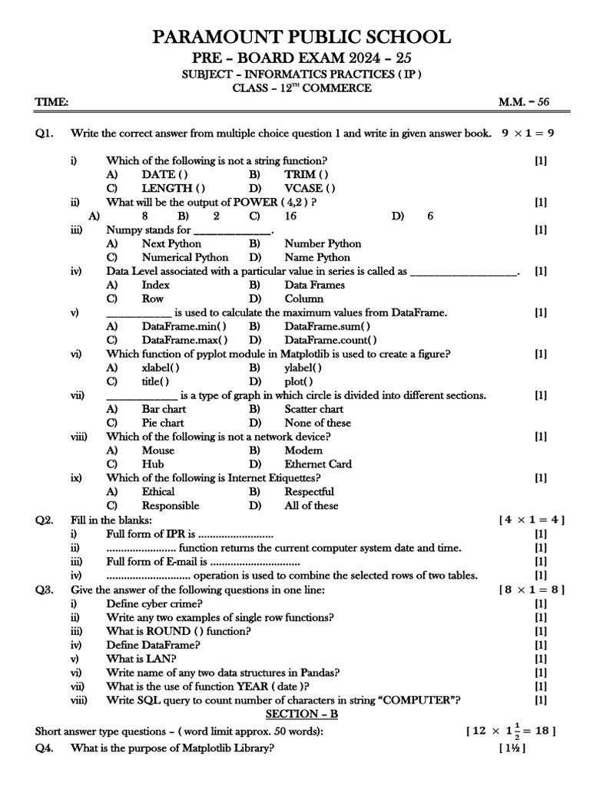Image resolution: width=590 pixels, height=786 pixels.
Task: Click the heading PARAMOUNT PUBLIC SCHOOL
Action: coord(294,36)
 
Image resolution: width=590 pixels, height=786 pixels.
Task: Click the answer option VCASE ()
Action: coord(310,188)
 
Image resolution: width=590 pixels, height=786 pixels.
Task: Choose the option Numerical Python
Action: coord(184,257)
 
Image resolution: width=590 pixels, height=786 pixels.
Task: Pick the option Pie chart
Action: coord(162,423)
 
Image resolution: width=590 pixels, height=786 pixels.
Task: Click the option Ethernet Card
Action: coord(318,464)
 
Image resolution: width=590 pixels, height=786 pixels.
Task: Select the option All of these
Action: coord(311,506)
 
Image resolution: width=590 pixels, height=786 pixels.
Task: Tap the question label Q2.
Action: coord(44,520)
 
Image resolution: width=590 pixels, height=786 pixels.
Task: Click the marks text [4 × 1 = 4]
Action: coord(532,520)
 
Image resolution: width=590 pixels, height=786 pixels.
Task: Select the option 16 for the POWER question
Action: coord(290,216)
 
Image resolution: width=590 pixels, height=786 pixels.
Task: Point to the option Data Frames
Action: coord(314,285)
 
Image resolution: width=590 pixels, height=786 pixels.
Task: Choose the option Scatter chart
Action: coord(313,409)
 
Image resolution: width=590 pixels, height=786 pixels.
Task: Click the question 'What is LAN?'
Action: coord(141,659)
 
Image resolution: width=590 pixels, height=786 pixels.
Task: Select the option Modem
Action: coord(303,451)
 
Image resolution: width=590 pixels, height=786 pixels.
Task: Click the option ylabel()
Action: coord(303,368)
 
